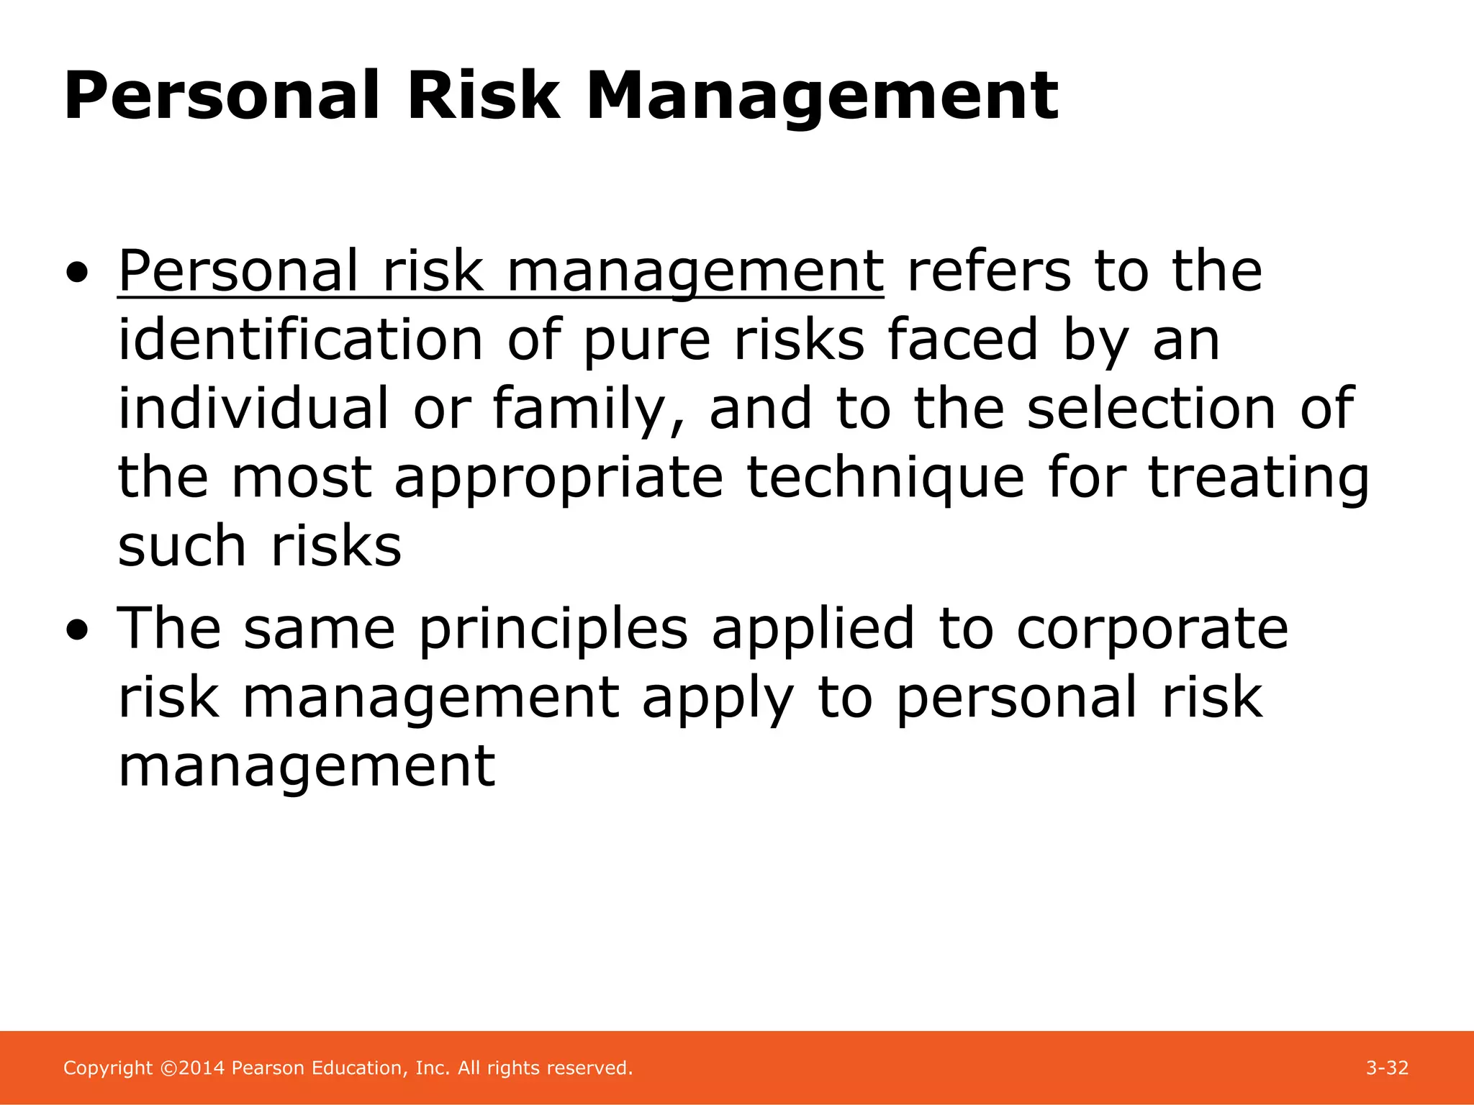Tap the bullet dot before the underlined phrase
tap(77, 273)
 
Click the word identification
tap(300, 340)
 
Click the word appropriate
tap(559, 479)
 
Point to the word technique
tap(885, 478)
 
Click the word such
tap(181, 546)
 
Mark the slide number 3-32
tap(1387, 1068)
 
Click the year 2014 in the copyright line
tap(202, 1068)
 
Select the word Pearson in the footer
tap(268, 1068)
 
